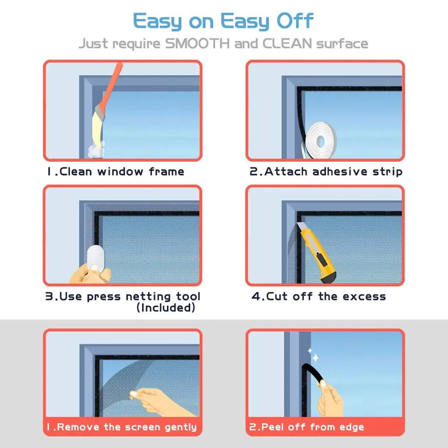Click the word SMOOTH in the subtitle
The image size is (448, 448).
click(198, 44)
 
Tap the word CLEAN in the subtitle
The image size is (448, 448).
click(287, 44)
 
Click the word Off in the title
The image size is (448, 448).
click(295, 21)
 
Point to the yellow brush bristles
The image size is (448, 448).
click(98, 127)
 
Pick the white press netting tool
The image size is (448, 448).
click(95, 258)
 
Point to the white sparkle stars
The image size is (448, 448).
click(313, 355)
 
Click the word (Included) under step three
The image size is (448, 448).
click(166, 308)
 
